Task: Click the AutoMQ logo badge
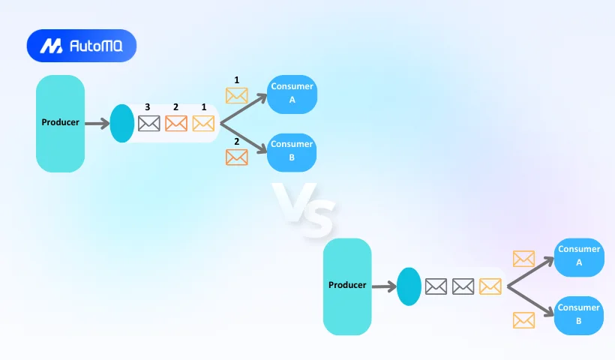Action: click(81, 46)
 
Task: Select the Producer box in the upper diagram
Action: click(60, 123)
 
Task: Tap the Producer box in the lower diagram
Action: click(347, 286)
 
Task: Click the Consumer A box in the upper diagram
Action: click(292, 94)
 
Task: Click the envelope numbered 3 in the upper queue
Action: click(149, 124)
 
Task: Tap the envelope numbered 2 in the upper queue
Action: click(176, 124)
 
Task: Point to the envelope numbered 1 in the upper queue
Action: click(203, 124)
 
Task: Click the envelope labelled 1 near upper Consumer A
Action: click(237, 96)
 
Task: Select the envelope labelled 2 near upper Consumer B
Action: click(237, 157)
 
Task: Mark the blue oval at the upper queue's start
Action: click(121, 124)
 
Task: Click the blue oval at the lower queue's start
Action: click(409, 286)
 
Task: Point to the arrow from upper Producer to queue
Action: click(97, 123)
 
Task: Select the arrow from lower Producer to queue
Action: click(383, 286)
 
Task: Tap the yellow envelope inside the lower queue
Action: click(490, 286)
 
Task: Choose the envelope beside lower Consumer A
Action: click(523, 259)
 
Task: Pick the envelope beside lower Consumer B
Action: click(523, 320)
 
